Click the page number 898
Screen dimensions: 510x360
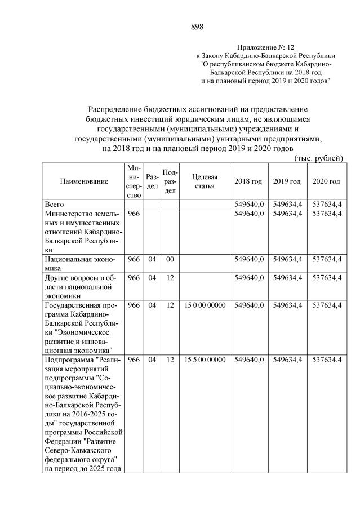(197, 26)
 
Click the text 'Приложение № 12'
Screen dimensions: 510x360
(266, 48)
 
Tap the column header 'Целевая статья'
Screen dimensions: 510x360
(205, 181)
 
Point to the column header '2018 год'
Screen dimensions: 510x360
(248, 181)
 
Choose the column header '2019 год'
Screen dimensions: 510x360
(287, 181)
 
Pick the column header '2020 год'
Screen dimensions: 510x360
(326, 181)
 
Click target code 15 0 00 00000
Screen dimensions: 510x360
(205, 305)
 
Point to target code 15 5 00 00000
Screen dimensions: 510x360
(205, 360)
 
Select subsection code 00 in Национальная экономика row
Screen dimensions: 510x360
(170, 259)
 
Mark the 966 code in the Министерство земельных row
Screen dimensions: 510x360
(134, 214)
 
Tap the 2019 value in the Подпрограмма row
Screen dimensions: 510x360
(287, 360)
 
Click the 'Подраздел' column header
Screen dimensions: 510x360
(170, 181)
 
